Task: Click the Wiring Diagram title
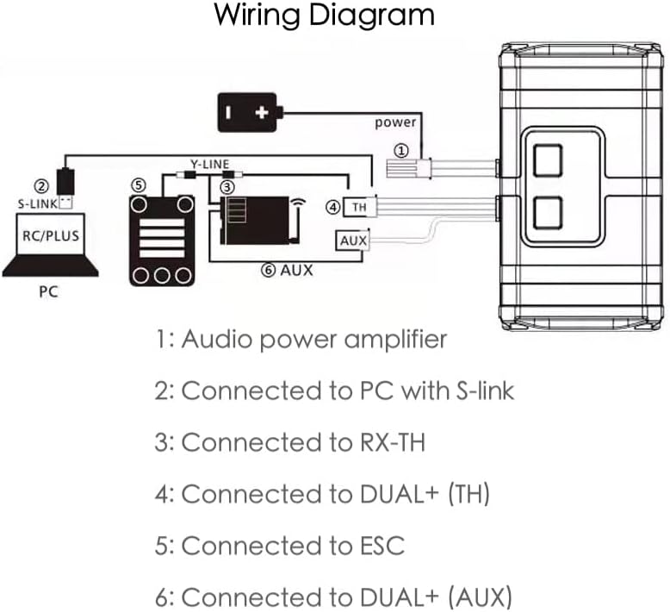(x=324, y=16)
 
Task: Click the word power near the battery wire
(x=395, y=122)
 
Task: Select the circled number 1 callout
(x=400, y=150)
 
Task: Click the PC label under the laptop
(x=48, y=291)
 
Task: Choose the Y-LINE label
(x=210, y=164)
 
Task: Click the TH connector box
(x=357, y=208)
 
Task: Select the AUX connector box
(x=353, y=240)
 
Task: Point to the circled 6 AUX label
(x=287, y=270)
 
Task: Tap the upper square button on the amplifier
(x=547, y=160)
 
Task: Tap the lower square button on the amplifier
(x=547, y=212)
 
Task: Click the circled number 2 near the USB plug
(x=40, y=184)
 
